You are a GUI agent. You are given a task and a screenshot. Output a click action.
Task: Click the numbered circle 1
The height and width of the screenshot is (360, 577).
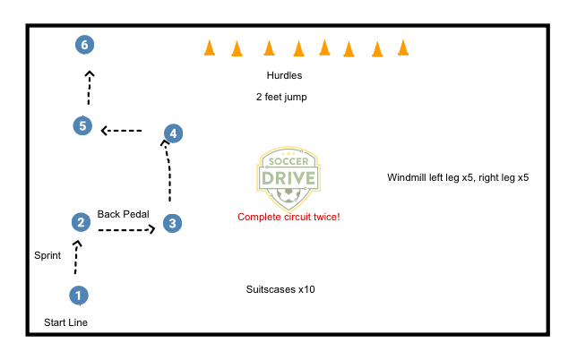(79, 295)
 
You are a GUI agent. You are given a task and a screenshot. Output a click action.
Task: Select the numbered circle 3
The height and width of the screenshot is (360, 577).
(173, 223)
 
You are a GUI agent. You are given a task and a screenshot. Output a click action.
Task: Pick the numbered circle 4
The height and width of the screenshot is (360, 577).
(173, 133)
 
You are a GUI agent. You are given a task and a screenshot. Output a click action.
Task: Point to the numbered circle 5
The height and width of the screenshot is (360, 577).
(82, 126)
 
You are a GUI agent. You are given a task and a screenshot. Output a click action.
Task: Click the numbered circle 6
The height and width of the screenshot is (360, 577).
(83, 45)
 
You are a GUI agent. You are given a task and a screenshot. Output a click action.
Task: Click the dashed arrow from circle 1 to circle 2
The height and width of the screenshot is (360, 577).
(76, 259)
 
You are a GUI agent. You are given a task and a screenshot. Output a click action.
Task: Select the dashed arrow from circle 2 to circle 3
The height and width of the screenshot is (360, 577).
(126, 230)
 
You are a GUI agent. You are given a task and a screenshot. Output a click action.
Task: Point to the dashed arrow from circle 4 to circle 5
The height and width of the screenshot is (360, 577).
(122, 131)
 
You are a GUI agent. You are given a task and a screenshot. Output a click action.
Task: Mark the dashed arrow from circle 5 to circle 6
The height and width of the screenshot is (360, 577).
(88, 87)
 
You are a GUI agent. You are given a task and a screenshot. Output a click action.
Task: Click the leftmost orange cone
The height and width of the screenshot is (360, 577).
(209, 47)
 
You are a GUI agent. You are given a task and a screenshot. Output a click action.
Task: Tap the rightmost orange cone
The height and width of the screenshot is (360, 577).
(403, 47)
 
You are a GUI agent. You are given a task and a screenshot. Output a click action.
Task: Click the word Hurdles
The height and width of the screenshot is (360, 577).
(284, 76)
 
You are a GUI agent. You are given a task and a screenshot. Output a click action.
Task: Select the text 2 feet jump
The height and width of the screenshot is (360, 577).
(281, 97)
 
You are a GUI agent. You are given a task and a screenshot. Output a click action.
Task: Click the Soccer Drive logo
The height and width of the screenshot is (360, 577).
(288, 175)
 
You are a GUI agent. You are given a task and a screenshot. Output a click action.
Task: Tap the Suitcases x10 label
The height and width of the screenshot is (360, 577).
(280, 289)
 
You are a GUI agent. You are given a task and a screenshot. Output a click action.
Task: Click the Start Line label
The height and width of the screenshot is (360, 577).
(66, 321)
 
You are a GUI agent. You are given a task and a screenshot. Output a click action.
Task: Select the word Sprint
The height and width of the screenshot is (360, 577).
(47, 255)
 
